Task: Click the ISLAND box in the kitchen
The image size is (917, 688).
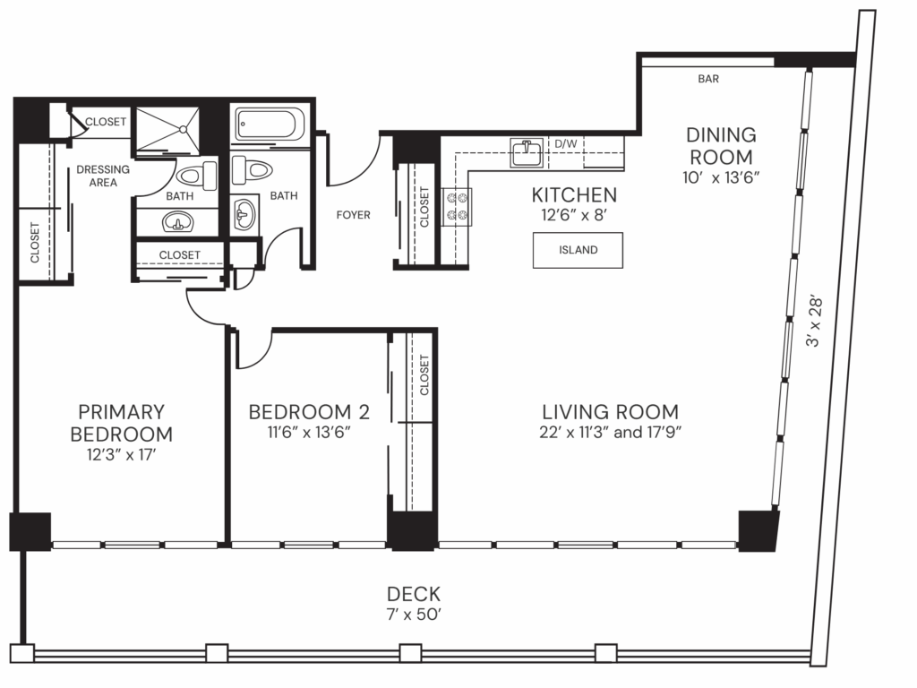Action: (x=578, y=250)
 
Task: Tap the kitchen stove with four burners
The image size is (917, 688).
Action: (x=458, y=207)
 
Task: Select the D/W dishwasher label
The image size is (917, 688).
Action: (x=565, y=143)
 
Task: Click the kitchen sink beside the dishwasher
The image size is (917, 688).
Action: (x=527, y=152)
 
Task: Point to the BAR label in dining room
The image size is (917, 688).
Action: (x=708, y=79)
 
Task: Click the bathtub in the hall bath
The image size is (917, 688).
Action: (x=270, y=126)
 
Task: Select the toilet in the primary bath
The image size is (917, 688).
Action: (x=195, y=176)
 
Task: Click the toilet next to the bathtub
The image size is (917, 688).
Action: (x=250, y=168)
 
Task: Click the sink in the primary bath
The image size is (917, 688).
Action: (x=177, y=221)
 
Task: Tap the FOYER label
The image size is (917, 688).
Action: (x=353, y=215)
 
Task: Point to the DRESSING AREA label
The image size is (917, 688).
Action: (x=103, y=176)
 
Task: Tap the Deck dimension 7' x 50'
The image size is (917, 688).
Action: (x=413, y=614)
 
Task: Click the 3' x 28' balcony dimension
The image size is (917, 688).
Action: (x=814, y=325)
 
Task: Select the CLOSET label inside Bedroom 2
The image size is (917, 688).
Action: (x=424, y=374)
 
